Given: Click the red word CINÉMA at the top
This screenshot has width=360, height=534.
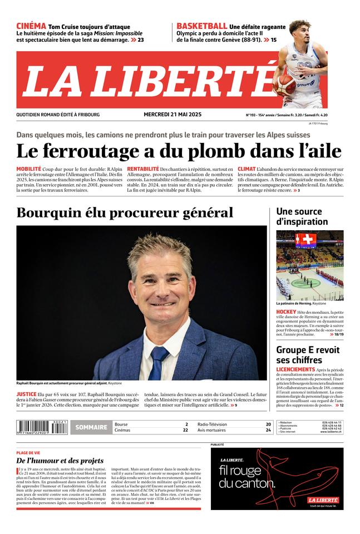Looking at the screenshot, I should point(31,26).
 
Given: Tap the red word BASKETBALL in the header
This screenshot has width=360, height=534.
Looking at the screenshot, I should point(201,26).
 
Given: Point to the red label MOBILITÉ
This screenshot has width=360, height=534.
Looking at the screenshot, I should point(28,169).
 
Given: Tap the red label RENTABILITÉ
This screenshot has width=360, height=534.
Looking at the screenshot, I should point(142,169).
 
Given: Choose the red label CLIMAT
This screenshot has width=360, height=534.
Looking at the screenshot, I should point(246,169).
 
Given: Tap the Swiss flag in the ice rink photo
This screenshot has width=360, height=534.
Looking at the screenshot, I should point(305,240).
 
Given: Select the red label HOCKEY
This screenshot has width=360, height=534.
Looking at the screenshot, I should point(286,312).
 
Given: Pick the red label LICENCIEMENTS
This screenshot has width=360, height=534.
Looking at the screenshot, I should point(295,369).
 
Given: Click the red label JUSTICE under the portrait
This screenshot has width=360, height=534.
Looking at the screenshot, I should point(26,394).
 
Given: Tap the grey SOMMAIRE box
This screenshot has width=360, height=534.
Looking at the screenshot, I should point(91,427).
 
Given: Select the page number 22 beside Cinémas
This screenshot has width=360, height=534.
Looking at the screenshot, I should point(185,431).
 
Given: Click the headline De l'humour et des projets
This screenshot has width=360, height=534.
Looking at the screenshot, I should point(60,461).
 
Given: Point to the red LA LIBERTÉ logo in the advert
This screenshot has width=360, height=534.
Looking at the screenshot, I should point(323,500).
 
